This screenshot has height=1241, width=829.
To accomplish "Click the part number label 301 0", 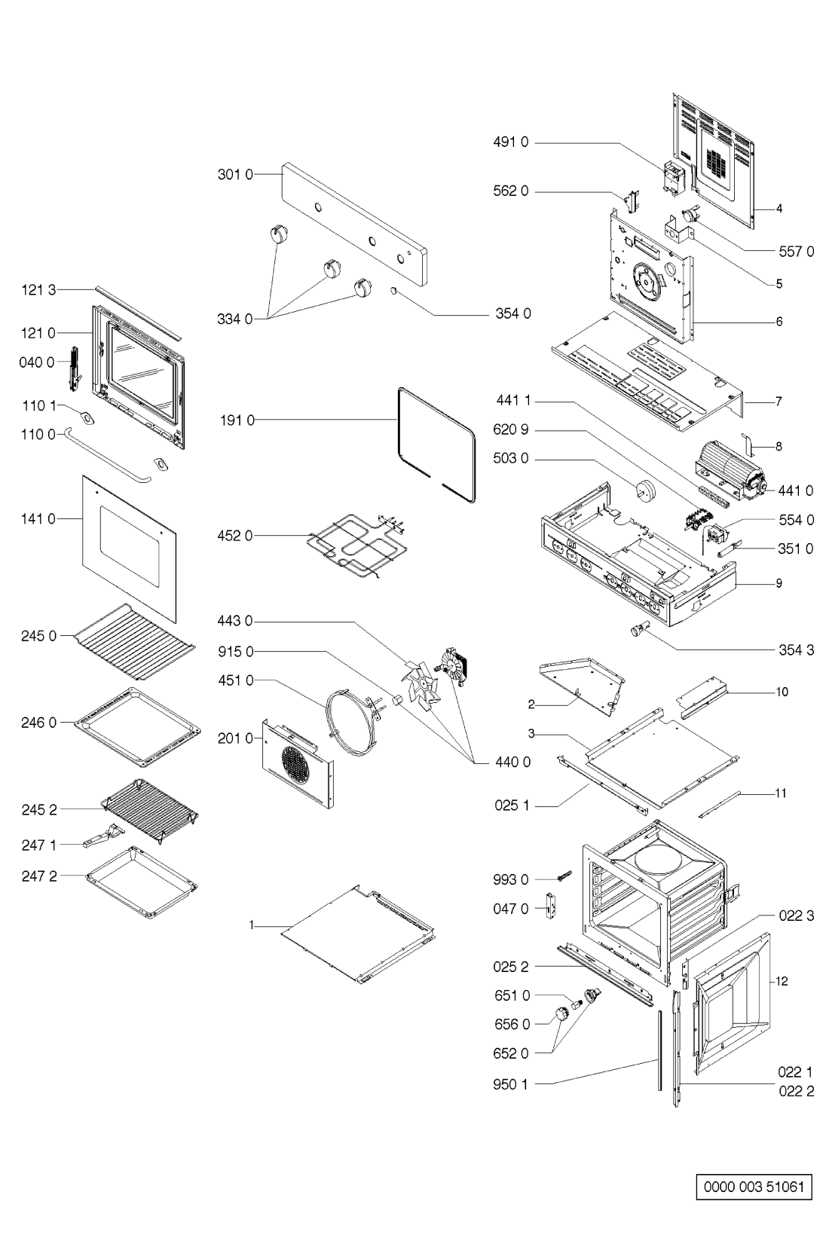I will tap(236, 174).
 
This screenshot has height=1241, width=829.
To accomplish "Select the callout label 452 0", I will tap(236, 536).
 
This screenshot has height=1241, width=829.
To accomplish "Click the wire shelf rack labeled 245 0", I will tap(136, 635).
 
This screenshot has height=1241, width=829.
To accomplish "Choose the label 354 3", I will tap(796, 650).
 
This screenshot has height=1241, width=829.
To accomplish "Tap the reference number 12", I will tap(782, 981).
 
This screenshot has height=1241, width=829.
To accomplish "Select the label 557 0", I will tap(796, 252).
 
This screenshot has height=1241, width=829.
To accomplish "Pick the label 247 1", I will tap(38, 845).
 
